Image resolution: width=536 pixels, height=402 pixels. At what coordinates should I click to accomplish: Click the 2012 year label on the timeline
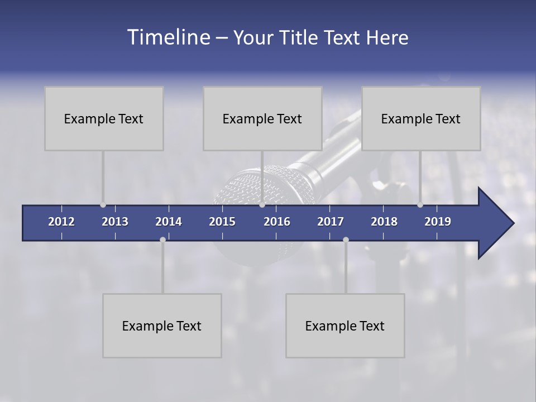(61, 222)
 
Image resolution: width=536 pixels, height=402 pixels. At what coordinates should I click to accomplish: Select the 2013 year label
(115, 222)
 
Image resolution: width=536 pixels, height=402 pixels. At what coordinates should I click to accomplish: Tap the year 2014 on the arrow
(169, 222)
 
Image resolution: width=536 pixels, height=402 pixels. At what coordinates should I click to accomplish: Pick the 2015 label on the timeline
(222, 222)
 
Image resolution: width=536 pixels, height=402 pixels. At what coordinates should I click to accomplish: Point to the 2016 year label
(277, 222)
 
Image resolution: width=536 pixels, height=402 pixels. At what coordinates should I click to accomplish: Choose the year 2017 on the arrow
(331, 222)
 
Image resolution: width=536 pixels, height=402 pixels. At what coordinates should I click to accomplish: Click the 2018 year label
(384, 222)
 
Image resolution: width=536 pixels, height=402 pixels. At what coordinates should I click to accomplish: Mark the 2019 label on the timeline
(438, 222)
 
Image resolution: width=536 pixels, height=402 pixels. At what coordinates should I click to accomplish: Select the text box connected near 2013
(104, 118)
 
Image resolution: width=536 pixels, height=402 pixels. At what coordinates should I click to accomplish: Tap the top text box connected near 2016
(262, 118)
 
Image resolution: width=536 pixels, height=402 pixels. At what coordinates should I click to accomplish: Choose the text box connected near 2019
(421, 118)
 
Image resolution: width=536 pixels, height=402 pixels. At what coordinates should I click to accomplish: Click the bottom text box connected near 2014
(162, 326)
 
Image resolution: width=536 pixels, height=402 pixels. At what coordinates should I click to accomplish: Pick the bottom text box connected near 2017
(345, 326)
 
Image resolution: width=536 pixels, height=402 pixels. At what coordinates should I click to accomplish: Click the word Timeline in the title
(169, 37)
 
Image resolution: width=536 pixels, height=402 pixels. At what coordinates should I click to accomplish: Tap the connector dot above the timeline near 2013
(103, 205)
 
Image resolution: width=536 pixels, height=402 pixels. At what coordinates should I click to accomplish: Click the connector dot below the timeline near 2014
(162, 240)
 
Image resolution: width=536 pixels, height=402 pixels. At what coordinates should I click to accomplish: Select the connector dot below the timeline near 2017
(346, 240)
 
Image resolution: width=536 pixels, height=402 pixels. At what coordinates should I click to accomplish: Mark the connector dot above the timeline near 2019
(420, 205)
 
